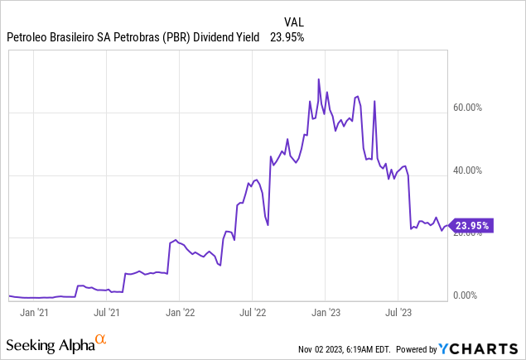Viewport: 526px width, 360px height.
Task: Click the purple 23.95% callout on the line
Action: (x=471, y=225)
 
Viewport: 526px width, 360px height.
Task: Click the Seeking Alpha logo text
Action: (x=49, y=343)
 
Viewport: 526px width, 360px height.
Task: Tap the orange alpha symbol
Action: (x=100, y=338)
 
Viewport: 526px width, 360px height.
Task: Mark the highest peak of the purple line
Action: (x=320, y=79)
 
